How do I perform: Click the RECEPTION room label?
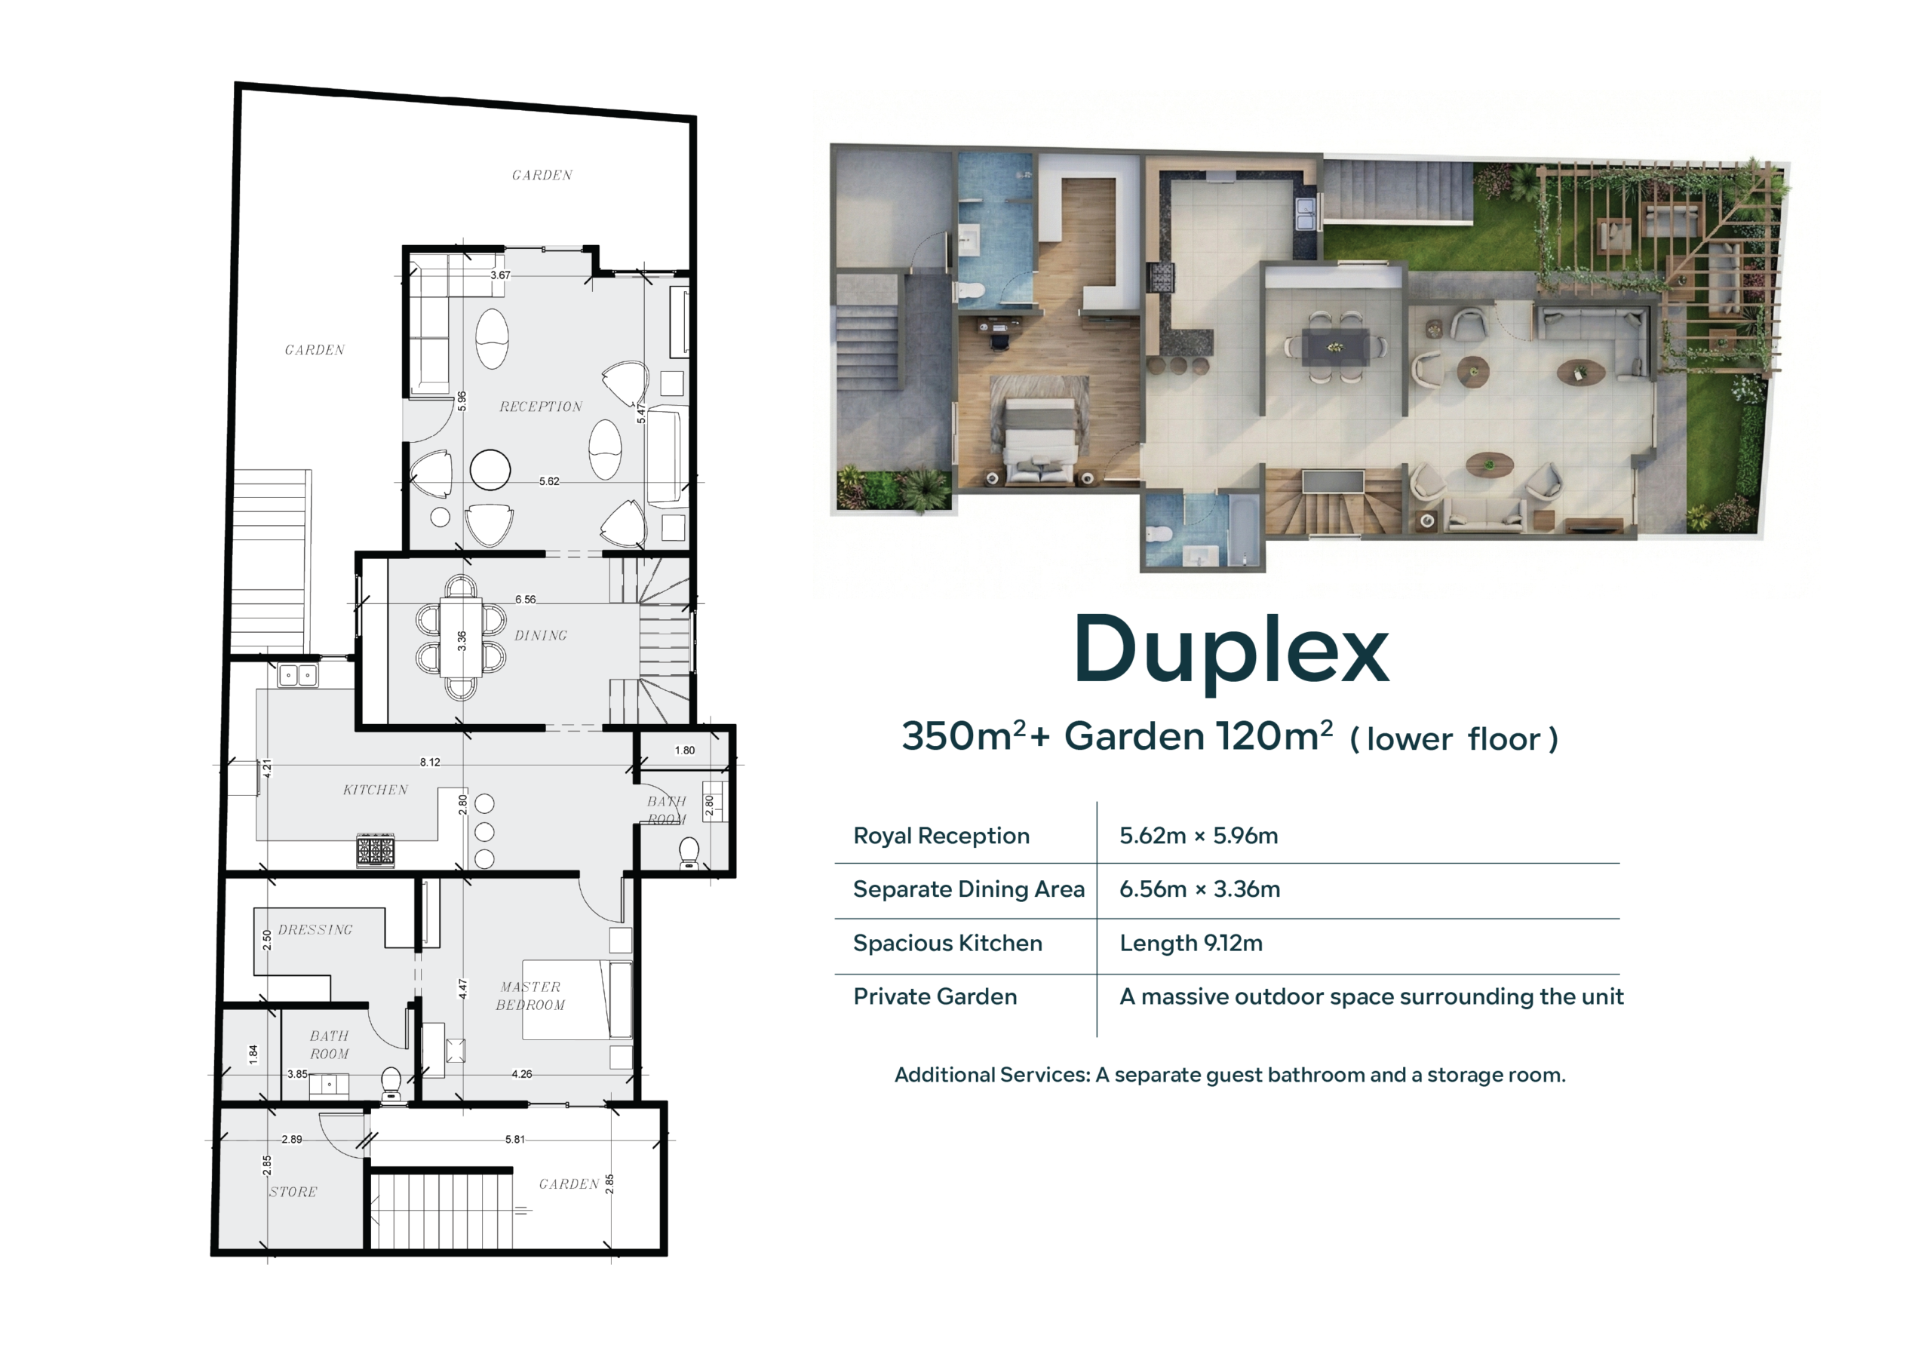click(540, 407)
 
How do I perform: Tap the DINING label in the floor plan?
click(541, 636)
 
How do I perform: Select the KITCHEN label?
click(375, 790)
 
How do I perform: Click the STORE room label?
click(293, 1192)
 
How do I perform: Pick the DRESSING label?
click(315, 929)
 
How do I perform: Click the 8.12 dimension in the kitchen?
click(430, 762)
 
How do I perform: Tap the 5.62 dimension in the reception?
click(548, 481)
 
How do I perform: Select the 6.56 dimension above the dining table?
click(525, 599)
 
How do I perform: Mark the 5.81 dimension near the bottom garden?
click(514, 1139)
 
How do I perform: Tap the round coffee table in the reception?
click(490, 469)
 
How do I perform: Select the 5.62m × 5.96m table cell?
click(1198, 835)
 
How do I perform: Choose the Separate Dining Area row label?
click(968, 889)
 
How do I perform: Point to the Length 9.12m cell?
click(1190, 943)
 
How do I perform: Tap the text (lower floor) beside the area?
click(1454, 739)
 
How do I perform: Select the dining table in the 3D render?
click(1334, 346)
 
